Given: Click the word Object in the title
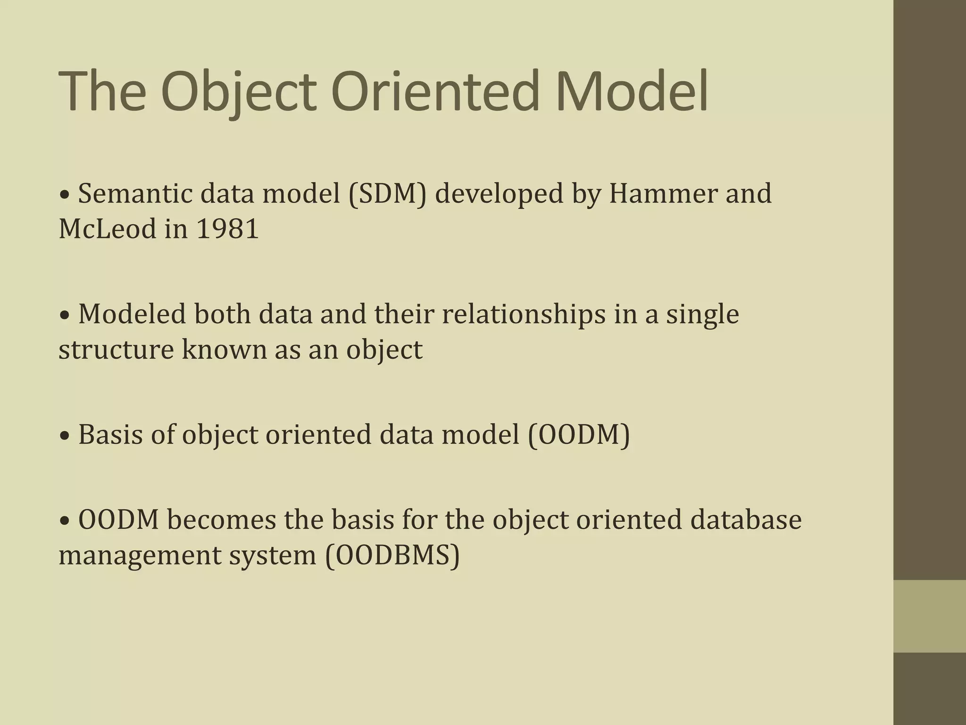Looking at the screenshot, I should [238, 91].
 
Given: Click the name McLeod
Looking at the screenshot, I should [107, 229].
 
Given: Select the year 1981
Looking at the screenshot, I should [227, 229].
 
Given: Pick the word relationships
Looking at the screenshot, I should [524, 314].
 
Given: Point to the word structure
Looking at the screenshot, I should [116, 350].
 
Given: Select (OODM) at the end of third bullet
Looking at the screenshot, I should [579, 435].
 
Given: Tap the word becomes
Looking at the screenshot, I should [221, 520].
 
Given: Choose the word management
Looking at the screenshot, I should [140, 555].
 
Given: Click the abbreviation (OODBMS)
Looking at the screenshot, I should [392, 555].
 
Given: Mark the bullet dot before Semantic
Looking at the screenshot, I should [65, 195].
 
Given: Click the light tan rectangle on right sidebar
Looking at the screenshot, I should [930, 616].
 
